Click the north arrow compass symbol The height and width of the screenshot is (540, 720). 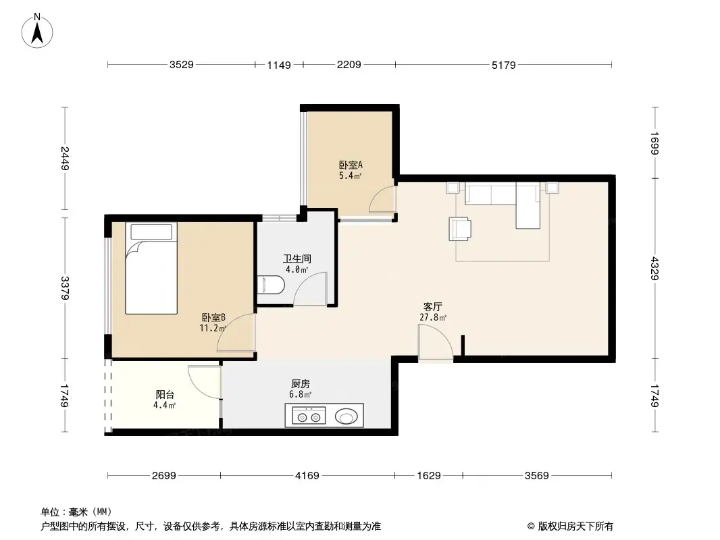(38, 30)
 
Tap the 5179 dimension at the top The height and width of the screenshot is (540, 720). (503, 65)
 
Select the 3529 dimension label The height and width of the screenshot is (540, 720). (181, 65)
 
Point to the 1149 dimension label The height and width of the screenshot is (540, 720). (278, 65)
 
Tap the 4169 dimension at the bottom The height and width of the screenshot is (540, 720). (307, 476)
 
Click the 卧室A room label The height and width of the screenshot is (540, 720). (351, 164)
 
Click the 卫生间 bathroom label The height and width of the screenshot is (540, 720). (297, 259)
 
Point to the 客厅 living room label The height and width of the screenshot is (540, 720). (433, 306)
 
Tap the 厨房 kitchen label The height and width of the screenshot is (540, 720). (301, 383)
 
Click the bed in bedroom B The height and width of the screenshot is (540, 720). (151, 269)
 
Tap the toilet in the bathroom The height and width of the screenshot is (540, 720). (272, 286)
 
